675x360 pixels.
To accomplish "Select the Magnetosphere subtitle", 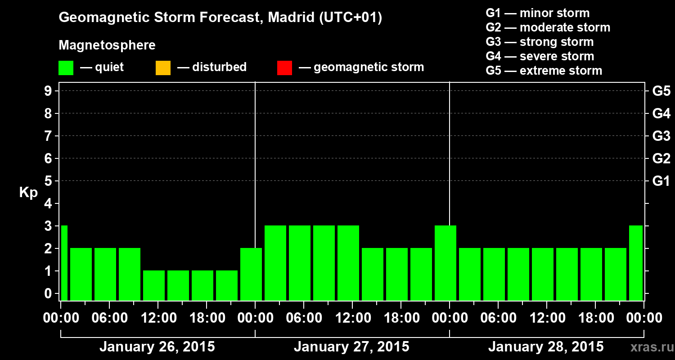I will tap(107, 45).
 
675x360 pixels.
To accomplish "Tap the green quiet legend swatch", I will tap(66, 67).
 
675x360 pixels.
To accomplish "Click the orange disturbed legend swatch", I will tap(163, 67).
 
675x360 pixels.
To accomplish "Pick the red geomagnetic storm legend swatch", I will tap(284, 67).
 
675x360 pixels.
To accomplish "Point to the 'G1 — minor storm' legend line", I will tap(538, 13).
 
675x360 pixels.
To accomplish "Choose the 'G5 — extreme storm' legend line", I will tap(544, 71).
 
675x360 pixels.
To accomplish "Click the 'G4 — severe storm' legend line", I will tap(540, 56).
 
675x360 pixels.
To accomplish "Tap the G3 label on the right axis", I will tap(661, 136).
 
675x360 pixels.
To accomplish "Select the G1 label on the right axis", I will tap(661, 181).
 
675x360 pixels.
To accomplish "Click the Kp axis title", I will tap(28, 193).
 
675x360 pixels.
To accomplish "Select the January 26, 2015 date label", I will tap(157, 347).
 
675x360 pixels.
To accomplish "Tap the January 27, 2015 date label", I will tap(351, 347).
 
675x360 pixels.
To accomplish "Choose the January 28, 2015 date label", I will tap(546, 347).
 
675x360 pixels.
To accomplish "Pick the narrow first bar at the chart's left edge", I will tap(64, 263).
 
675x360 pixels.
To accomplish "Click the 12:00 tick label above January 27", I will tap(352, 318).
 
